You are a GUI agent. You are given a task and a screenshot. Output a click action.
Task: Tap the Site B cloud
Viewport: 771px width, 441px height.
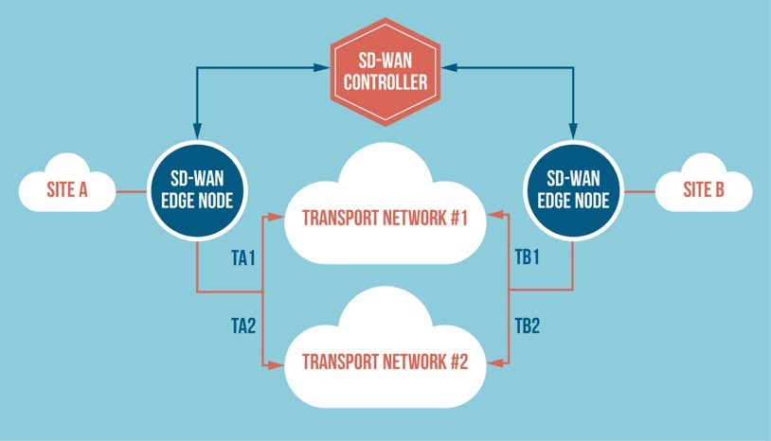coord(704,190)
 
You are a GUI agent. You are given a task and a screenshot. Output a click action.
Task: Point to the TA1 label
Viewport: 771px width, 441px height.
coord(244,259)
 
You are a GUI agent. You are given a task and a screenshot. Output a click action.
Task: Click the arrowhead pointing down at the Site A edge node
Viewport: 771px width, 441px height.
coord(196,130)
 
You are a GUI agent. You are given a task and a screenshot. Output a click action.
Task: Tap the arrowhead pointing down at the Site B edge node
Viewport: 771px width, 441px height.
coord(572,130)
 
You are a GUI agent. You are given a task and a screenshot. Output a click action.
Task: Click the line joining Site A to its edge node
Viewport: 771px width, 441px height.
coord(130,192)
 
